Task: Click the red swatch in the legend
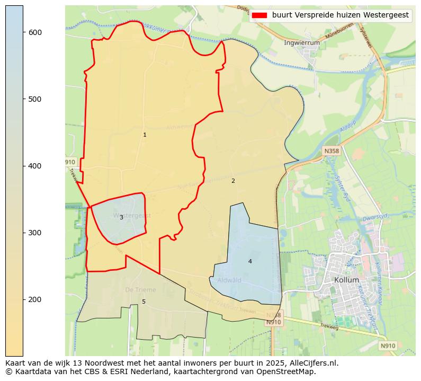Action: pos(259,15)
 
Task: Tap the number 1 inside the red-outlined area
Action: pos(145,135)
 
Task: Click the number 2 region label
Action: pos(233,181)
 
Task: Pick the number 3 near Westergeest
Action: pos(121,218)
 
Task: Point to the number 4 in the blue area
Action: pos(250,262)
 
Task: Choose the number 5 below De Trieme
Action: pos(144,302)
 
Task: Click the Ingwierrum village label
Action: pos(302,42)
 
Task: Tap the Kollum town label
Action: pos(346,280)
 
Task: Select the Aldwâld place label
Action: pos(229,280)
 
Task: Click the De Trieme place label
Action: pos(140,290)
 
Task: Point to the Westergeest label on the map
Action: pos(132,216)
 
